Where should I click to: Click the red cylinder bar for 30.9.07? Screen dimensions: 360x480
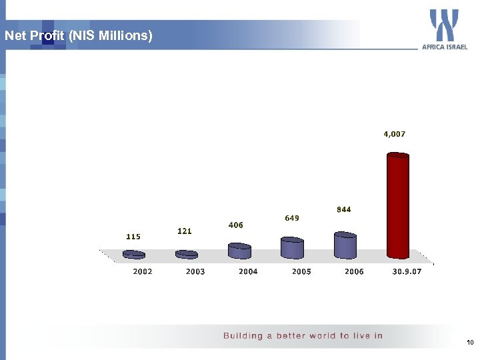(x=398, y=206)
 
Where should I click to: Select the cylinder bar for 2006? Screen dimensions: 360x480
(x=345, y=245)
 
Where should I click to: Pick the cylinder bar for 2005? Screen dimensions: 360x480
(x=292, y=248)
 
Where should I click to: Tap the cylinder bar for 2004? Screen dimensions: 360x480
(x=239, y=251)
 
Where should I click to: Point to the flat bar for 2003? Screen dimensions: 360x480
(x=187, y=254)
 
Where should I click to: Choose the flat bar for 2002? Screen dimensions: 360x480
(x=134, y=254)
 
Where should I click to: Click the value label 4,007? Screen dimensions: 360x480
(x=394, y=134)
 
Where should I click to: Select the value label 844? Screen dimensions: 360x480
(x=344, y=209)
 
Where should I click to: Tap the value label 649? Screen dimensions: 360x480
(x=292, y=217)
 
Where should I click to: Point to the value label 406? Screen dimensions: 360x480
(x=235, y=225)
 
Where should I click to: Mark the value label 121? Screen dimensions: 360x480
(x=185, y=231)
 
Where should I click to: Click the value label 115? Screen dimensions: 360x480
(x=133, y=236)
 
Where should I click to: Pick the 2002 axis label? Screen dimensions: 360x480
(x=143, y=271)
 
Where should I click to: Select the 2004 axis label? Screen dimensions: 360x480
(x=248, y=271)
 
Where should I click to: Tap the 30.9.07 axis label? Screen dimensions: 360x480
(x=407, y=271)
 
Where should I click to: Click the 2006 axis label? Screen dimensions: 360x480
(x=354, y=271)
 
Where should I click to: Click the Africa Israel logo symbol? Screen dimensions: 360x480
(x=444, y=25)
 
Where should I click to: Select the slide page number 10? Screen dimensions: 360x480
(x=470, y=343)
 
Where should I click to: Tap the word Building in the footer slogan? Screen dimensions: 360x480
(x=243, y=335)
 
